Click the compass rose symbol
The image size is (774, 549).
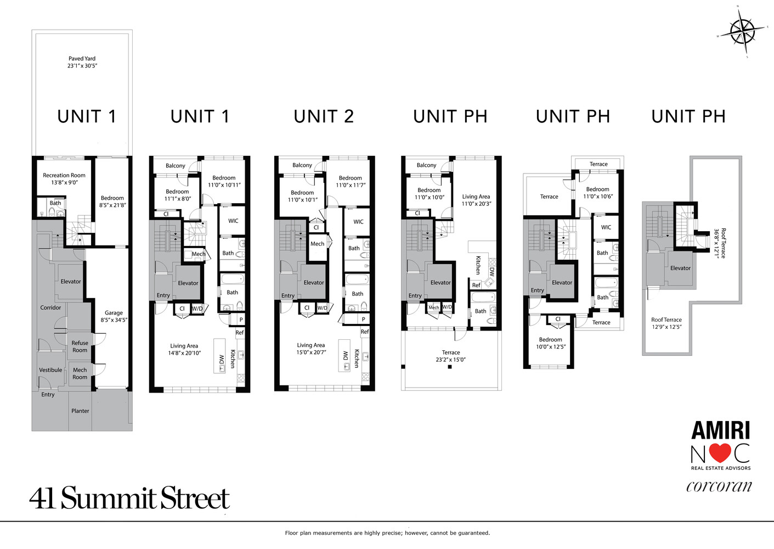[x=742, y=31]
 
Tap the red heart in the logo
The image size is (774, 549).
[x=720, y=453]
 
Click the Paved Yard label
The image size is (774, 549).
[x=82, y=62]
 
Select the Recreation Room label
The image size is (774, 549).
[x=64, y=179]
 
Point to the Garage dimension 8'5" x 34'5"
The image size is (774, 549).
[x=114, y=320]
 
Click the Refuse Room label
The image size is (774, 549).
[x=80, y=346]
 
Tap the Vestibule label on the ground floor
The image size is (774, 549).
[x=50, y=370]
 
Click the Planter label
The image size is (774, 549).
[x=80, y=411]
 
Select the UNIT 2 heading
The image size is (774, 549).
[x=324, y=116]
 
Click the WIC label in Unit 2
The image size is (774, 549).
[x=358, y=222]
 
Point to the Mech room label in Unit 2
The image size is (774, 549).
[x=317, y=244]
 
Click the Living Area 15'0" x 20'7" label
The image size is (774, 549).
[x=311, y=349]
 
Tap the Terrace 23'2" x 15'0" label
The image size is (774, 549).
[x=450, y=356]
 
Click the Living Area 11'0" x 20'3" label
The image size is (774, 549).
[x=476, y=200]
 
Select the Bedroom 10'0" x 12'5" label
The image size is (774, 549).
[x=551, y=343]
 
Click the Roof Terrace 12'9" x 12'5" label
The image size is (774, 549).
[x=666, y=323]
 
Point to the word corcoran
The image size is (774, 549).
[x=719, y=486]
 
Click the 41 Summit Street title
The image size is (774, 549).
[x=129, y=498]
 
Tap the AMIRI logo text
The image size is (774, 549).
[x=720, y=430]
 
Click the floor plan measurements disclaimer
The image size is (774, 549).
[x=387, y=533]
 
